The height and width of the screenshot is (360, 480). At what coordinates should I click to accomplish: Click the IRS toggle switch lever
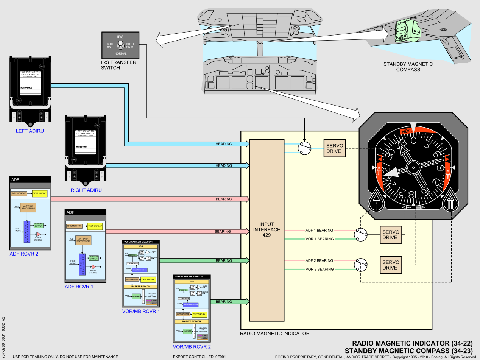click(x=120, y=46)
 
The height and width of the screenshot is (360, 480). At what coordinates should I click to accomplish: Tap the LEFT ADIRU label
click(x=30, y=131)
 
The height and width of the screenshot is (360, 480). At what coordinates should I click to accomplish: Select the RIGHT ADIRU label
click(x=86, y=190)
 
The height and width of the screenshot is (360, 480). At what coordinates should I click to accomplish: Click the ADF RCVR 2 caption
click(x=24, y=254)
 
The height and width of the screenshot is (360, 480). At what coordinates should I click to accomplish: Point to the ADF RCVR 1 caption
click(x=79, y=287)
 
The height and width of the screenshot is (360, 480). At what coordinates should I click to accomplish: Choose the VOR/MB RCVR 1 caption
click(x=141, y=311)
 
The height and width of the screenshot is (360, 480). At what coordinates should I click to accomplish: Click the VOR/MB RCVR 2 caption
click(x=192, y=346)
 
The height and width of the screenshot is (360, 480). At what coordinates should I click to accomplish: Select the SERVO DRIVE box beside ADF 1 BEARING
click(x=390, y=235)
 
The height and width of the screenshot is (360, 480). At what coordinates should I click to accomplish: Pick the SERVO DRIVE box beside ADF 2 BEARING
click(x=390, y=265)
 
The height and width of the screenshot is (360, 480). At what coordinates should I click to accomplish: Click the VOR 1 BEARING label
click(x=319, y=239)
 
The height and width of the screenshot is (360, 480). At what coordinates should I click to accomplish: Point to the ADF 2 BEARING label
click(x=319, y=260)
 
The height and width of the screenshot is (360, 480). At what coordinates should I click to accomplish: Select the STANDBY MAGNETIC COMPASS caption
click(x=408, y=67)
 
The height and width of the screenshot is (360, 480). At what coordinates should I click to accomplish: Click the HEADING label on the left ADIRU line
click(x=223, y=144)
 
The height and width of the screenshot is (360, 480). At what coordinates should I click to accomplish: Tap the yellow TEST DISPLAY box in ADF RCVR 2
click(x=39, y=193)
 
